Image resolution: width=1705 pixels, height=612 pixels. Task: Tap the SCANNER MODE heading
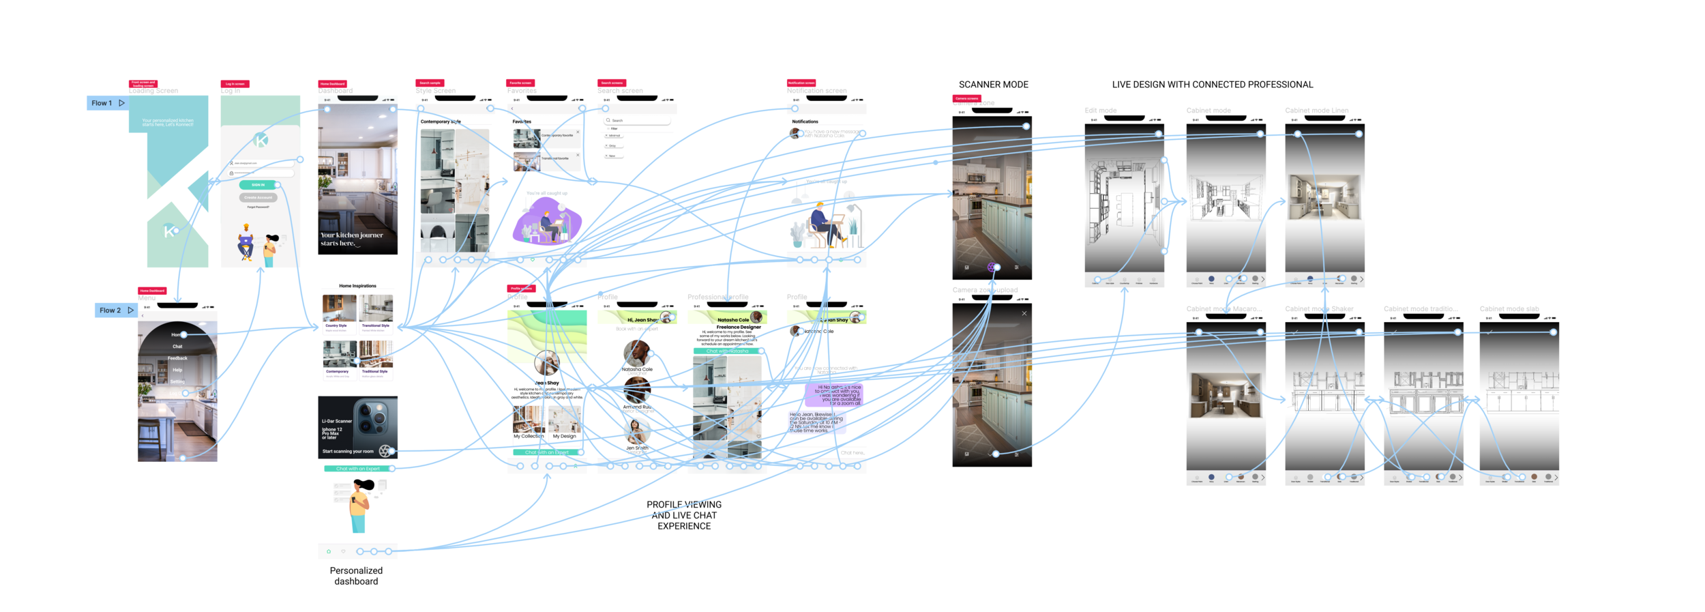[x=993, y=85]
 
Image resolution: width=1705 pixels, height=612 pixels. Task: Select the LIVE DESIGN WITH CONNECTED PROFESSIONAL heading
[x=1212, y=85]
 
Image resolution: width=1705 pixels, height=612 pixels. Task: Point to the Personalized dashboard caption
[x=356, y=576]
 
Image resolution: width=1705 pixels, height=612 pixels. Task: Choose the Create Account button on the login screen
[x=258, y=198]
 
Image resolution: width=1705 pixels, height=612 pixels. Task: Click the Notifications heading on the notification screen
[x=805, y=121]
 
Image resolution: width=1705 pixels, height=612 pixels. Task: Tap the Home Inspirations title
[x=357, y=286]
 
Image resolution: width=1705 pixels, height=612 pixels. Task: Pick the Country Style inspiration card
[x=339, y=312]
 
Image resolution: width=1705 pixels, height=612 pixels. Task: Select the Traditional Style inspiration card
[x=376, y=359]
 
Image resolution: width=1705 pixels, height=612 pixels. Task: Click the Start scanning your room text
[x=348, y=452]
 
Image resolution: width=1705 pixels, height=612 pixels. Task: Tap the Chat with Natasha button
[x=727, y=351]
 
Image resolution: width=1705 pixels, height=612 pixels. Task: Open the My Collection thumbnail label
[x=529, y=436]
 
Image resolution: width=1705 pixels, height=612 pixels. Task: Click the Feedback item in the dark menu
[x=177, y=358]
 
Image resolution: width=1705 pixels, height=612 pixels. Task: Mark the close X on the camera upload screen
[x=1024, y=314]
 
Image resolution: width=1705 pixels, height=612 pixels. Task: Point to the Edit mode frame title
[x=1100, y=111]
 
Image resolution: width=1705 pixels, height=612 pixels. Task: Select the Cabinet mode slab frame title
[x=1509, y=309]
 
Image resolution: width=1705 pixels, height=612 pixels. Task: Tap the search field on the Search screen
[x=638, y=121]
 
